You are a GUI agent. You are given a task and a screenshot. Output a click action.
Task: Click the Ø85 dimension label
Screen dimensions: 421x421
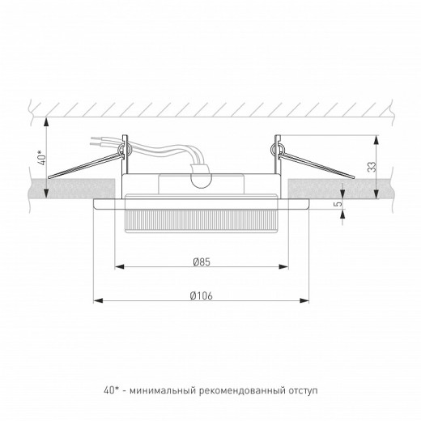[203, 261]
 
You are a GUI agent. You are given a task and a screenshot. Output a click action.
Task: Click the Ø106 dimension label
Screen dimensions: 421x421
[202, 296]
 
